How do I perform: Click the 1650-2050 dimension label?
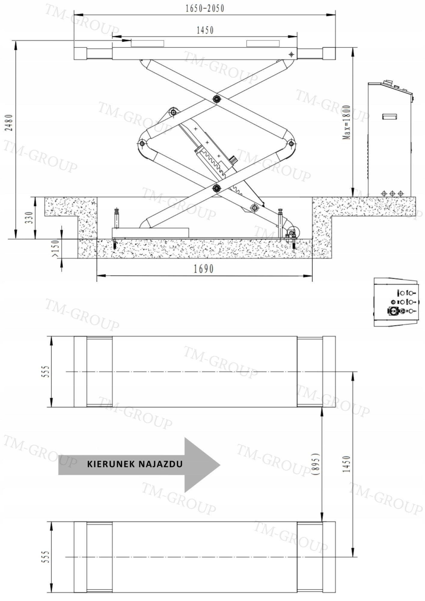(x=205, y=8)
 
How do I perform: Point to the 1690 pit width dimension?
(x=203, y=269)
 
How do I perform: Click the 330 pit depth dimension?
(x=29, y=218)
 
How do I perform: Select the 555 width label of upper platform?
(x=45, y=371)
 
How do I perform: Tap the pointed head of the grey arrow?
(x=220, y=465)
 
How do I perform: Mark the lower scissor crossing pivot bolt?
(x=216, y=188)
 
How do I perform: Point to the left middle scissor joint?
(x=142, y=144)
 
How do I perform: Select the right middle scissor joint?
(x=291, y=144)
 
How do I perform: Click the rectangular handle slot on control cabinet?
(x=390, y=116)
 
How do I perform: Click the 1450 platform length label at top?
(x=205, y=30)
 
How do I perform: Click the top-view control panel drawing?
(x=395, y=302)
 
